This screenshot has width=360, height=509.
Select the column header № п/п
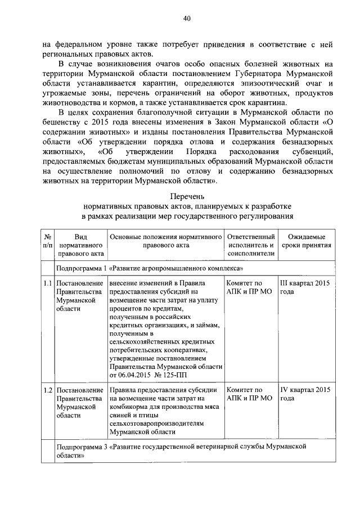coord(48,241)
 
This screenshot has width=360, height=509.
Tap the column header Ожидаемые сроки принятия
coord(306,241)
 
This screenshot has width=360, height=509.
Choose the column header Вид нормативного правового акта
coord(80,245)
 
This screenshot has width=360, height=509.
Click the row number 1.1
coord(48,283)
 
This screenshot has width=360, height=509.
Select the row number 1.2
coord(48,390)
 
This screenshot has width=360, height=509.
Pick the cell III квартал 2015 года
coord(305,287)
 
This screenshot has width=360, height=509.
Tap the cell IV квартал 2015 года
coord(305,394)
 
